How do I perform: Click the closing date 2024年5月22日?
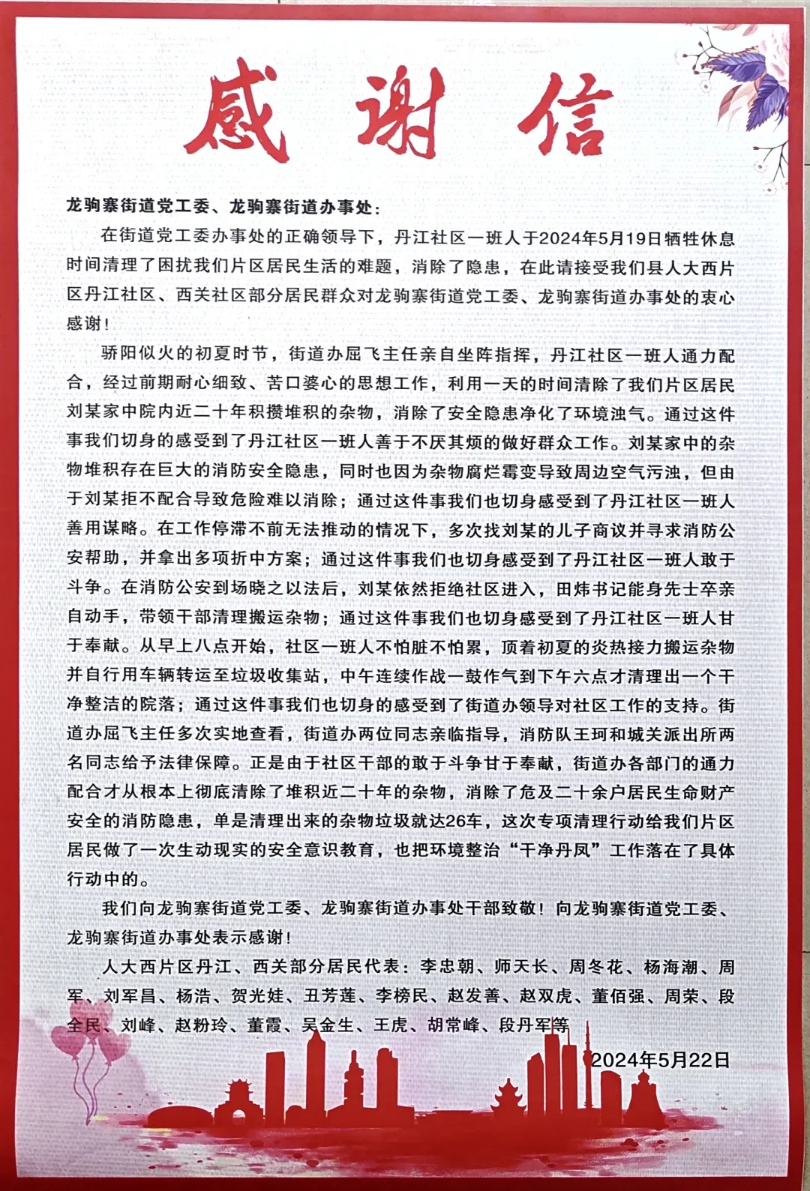pyautogui.click(x=660, y=1059)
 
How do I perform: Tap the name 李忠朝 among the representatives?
pyautogui.click(x=446, y=967)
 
